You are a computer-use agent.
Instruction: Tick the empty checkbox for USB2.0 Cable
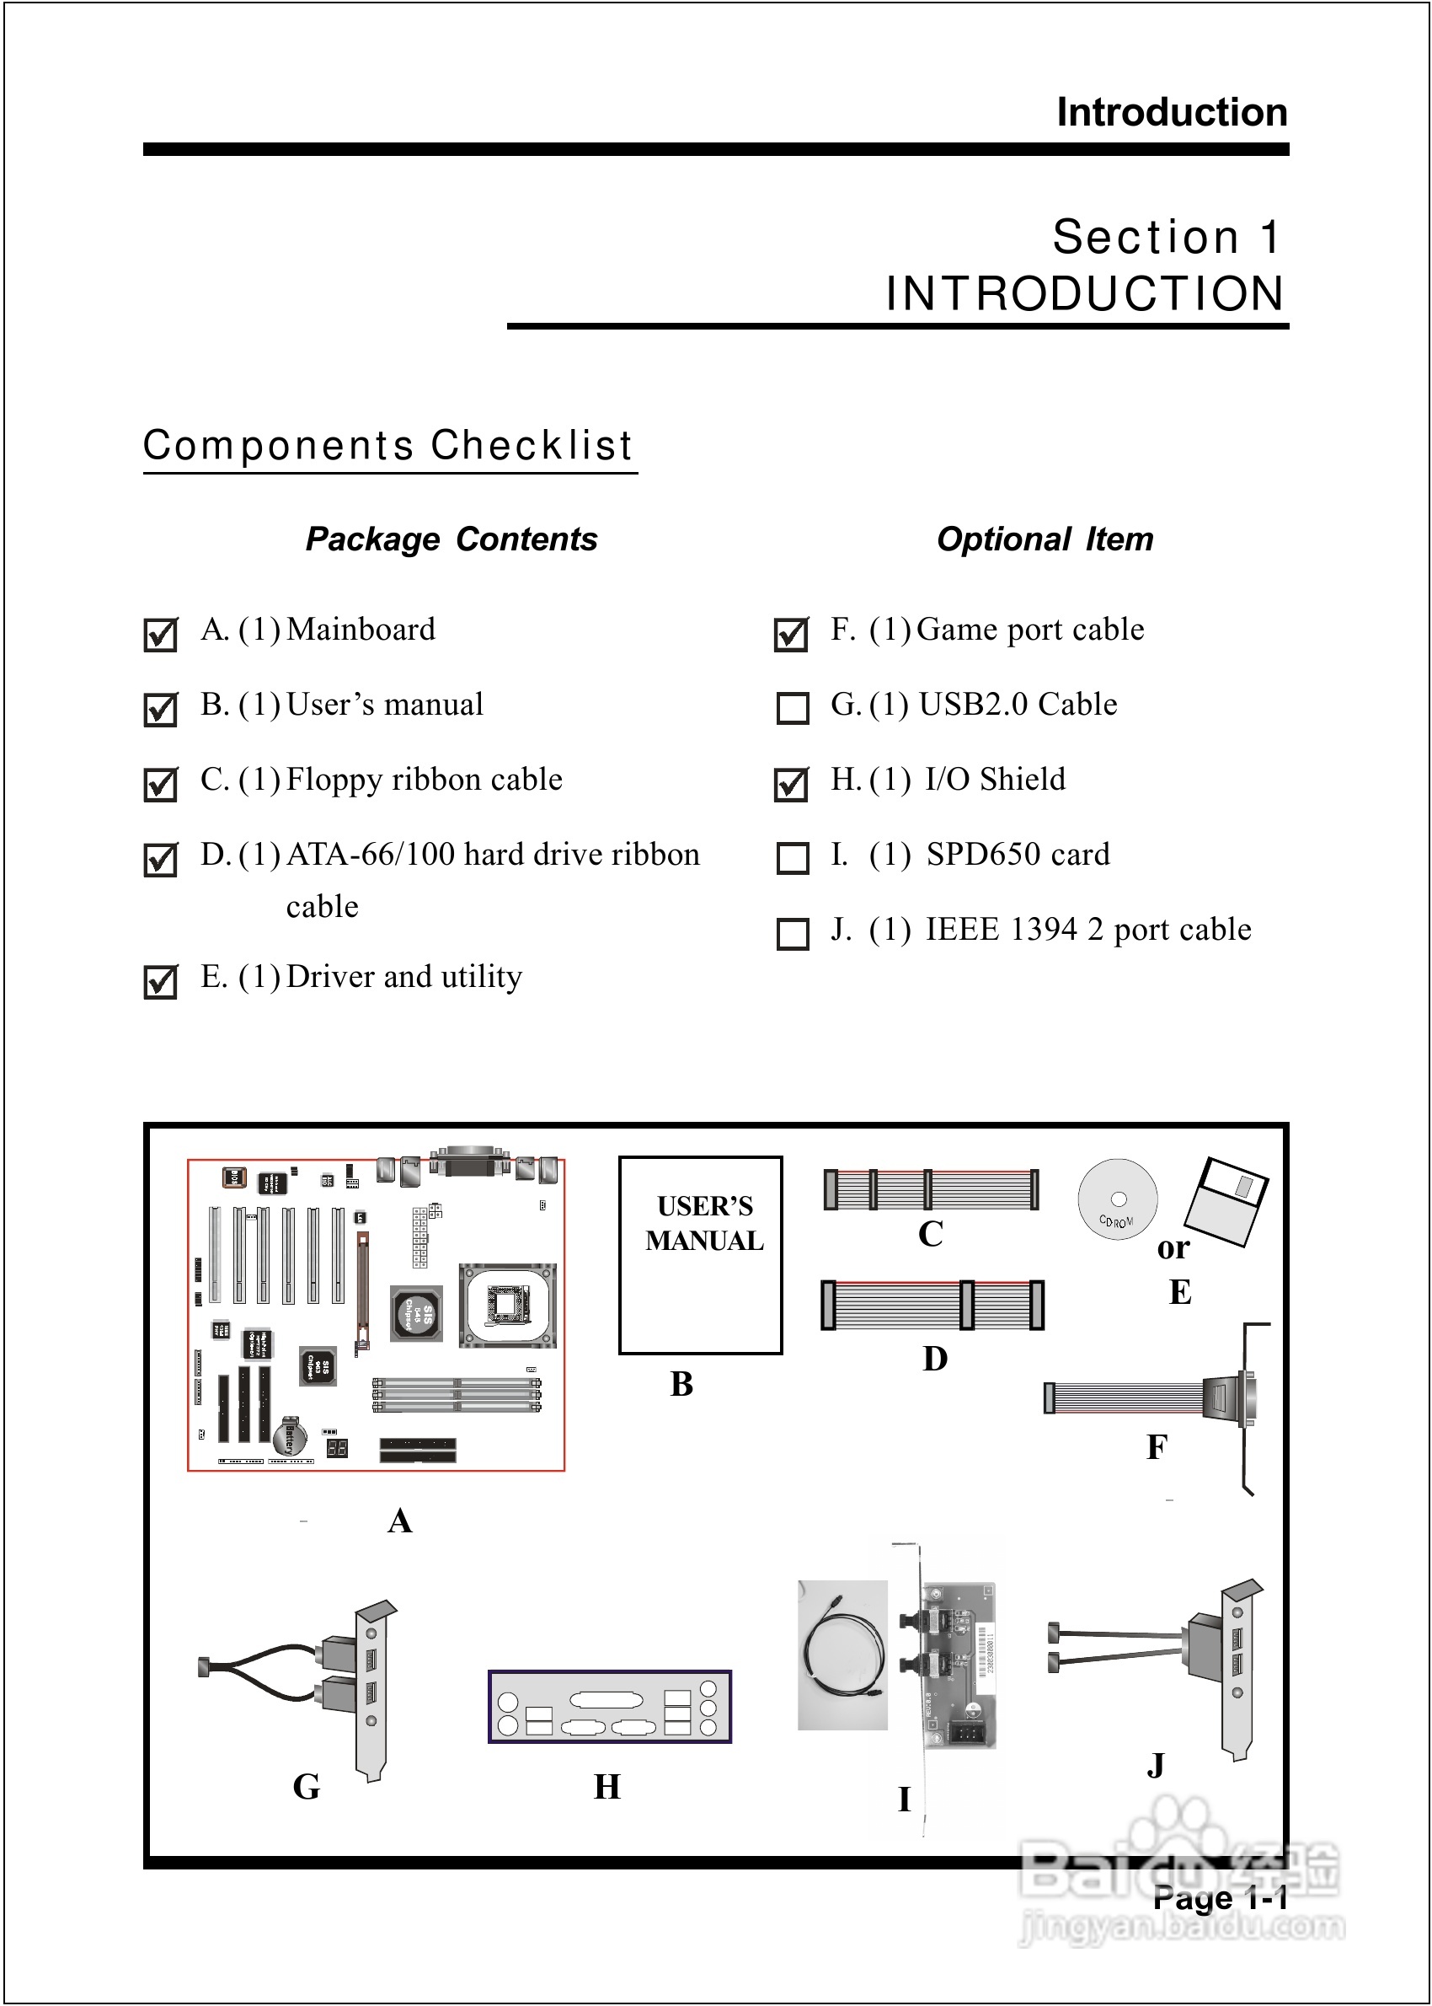coord(792,707)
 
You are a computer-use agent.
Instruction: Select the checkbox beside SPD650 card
coord(792,857)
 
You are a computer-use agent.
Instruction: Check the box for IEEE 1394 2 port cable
coord(792,933)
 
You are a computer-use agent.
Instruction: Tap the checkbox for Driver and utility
coord(161,982)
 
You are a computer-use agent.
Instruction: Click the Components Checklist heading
coord(388,446)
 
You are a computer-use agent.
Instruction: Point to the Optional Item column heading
coord(1045,539)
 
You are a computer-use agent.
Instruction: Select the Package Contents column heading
coord(452,539)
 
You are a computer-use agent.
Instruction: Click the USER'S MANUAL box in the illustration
coord(701,1254)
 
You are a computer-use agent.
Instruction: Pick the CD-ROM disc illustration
coord(1117,1199)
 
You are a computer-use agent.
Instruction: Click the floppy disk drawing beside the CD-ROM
coord(1226,1201)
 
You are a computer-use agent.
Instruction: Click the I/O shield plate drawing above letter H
coord(609,1706)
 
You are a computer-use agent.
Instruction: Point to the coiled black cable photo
coord(842,1655)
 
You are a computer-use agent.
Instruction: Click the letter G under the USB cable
coord(306,1786)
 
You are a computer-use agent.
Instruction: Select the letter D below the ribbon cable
coord(935,1359)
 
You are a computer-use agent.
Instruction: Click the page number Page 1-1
coord(1220,1897)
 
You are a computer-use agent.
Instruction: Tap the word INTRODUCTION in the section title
coord(1085,294)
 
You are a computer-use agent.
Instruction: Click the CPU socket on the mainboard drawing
coord(507,1306)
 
